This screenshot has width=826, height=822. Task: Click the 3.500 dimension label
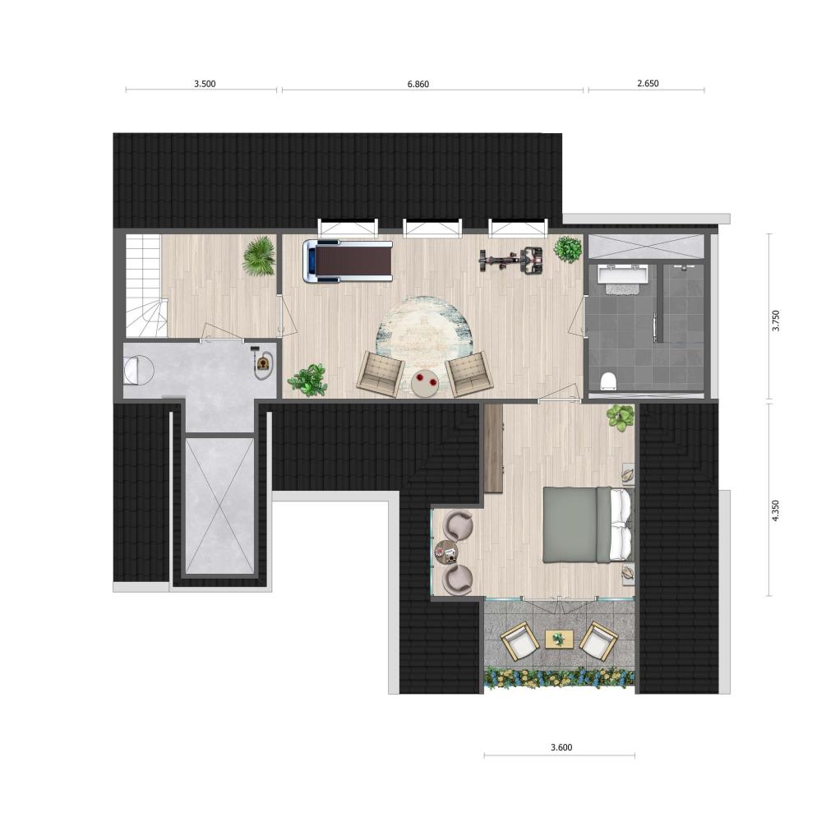click(205, 84)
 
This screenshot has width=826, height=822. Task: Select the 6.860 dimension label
click(418, 84)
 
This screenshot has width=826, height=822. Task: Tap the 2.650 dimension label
click(648, 83)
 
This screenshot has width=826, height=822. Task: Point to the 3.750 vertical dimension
click(775, 321)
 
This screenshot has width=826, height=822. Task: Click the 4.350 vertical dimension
click(775, 511)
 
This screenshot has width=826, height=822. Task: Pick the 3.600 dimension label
click(561, 747)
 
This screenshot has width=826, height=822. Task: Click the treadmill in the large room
click(348, 261)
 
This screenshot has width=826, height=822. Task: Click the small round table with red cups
click(425, 382)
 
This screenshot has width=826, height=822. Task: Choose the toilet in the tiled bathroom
click(608, 381)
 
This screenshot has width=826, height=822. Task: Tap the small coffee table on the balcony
click(558, 640)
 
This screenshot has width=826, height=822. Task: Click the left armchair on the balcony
click(520, 640)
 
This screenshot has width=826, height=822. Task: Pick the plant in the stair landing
click(259, 256)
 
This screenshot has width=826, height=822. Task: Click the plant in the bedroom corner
click(621, 418)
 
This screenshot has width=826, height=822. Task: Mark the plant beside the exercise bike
click(568, 249)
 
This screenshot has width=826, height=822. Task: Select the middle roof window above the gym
click(432, 227)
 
